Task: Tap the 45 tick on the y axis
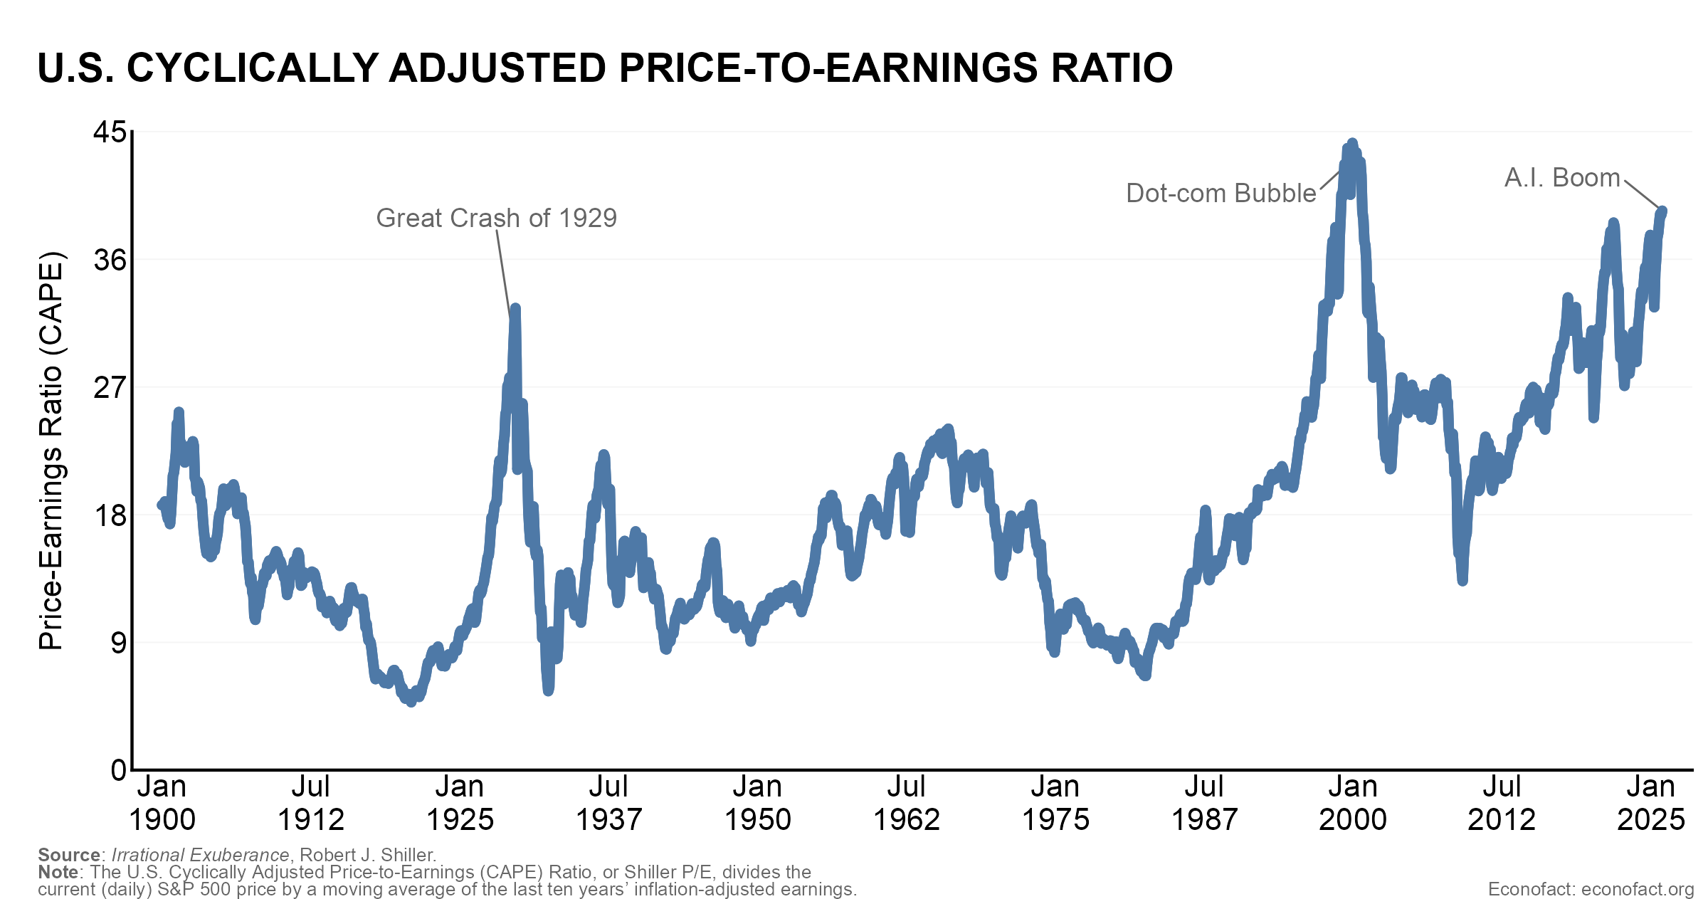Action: (x=110, y=132)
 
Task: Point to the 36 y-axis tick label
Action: (x=110, y=260)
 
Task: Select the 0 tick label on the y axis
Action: (x=118, y=770)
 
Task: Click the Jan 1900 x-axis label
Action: (x=162, y=803)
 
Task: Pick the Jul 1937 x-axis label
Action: (x=608, y=803)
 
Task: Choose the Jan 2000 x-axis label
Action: (x=1352, y=803)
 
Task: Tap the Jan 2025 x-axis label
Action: (x=1651, y=803)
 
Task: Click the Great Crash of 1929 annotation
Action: (x=496, y=218)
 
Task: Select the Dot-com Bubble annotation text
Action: (x=1221, y=193)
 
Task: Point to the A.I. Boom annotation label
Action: (x=1561, y=177)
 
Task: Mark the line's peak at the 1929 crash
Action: (x=515, y=307)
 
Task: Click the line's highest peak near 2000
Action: (x=1352, y=143)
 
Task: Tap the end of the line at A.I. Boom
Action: (x=1662, y=211)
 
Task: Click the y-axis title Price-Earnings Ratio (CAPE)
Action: (x=51, y=450)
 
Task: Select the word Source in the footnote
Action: (x=69, y=855)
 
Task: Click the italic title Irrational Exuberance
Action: (x=200, y=855)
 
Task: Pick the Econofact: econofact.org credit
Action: (x=1591, y=889)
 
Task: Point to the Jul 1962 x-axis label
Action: (x=906, y=803)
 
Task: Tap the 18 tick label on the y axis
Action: (x=110, y=515)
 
